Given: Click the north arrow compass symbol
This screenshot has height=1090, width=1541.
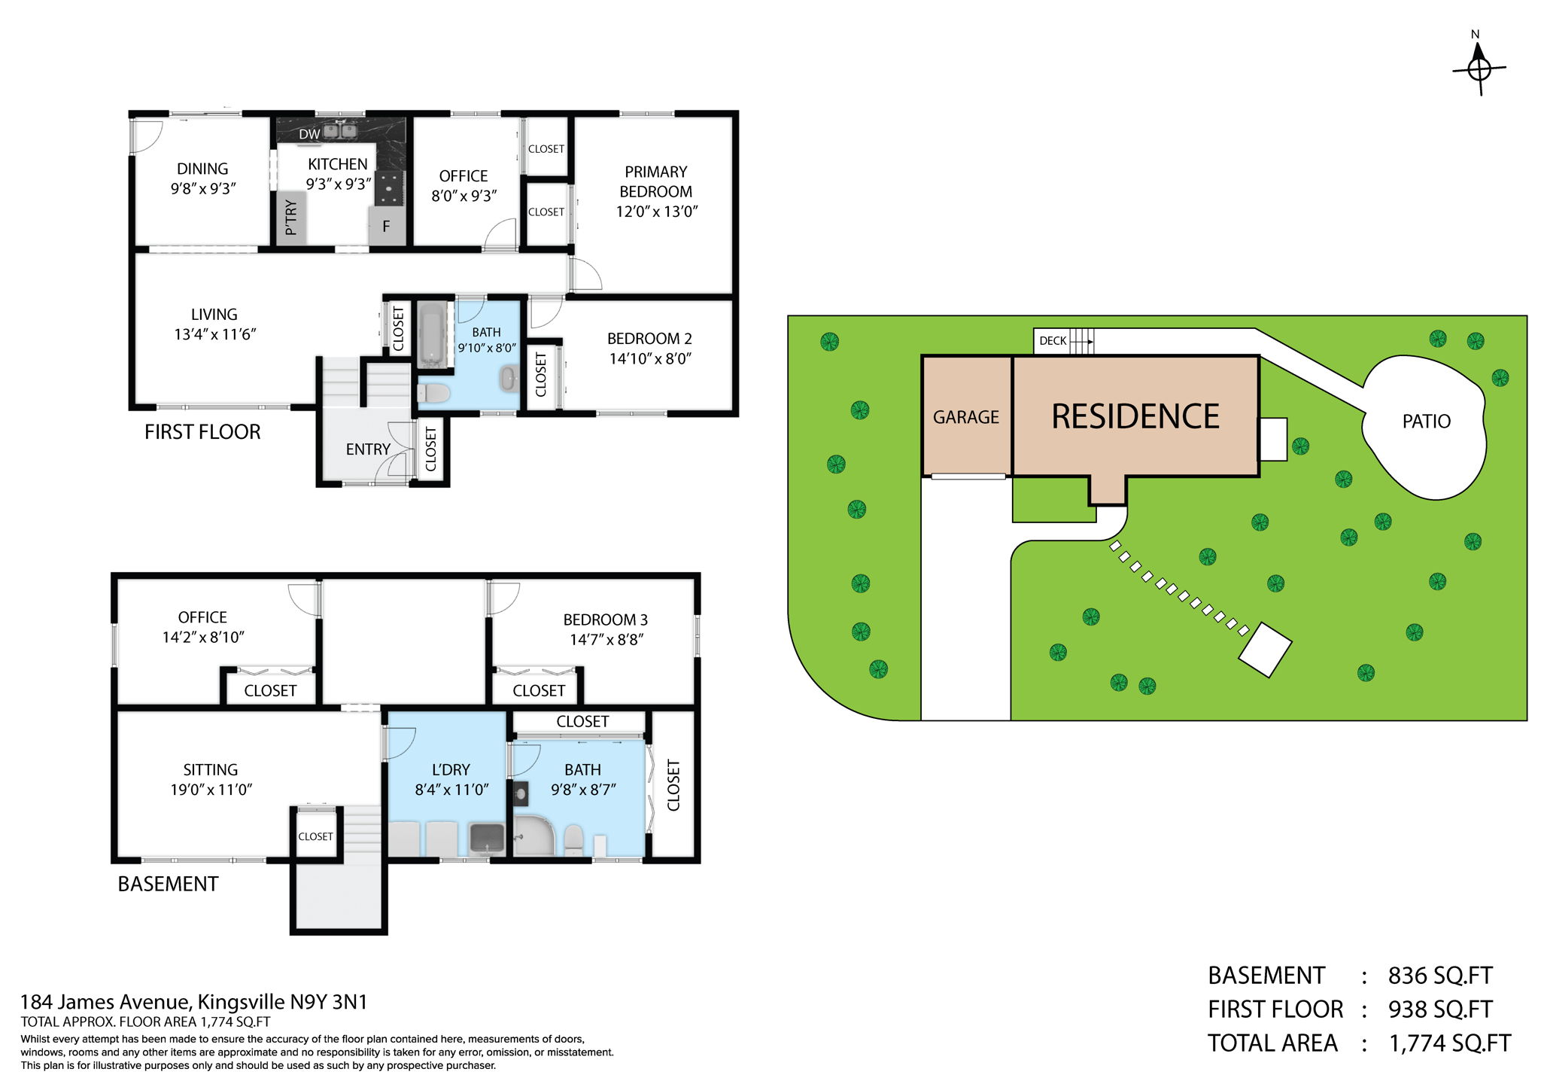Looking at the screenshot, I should pyautogui.click(x=1479, y=69).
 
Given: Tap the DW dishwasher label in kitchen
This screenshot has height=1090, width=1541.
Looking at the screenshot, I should pyautogui.click(x=309, y=134).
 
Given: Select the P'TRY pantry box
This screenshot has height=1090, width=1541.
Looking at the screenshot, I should pyautogui.click(x=291, y=217).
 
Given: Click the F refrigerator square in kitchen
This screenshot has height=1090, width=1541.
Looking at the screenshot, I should pyautogui.click(x=386, y=226).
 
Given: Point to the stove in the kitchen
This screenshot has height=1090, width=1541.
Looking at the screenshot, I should pyautogui.click(x=389, y=187).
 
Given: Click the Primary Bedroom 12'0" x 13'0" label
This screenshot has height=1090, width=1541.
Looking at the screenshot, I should pyautogui.click(x=656, y=192).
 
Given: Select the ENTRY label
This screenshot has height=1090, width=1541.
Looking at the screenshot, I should pyautogui.click(x=368, y=449).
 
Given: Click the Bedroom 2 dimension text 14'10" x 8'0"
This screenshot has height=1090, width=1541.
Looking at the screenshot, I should pyautogui.click(x=650, y=358).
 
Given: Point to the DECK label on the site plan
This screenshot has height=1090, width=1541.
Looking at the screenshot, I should pyautogui.click(x=1052, y=341).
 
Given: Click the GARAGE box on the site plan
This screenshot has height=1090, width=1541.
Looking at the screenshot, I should pyautogui.click(x=966, y=416).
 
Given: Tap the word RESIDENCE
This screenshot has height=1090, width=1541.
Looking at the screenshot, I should pyautogui.click(x=1135, y=416).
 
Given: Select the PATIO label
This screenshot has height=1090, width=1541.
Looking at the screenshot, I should pyautogui.click(x=1426, y=422).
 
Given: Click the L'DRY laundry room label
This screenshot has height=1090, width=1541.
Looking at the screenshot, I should pyautogui.click(x=451, y=769).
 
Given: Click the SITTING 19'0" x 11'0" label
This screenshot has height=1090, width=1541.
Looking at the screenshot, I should pyautogui.click(x=211, y=779).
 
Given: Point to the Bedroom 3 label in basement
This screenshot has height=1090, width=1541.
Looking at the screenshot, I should pyautogui.click(x=605, y=620).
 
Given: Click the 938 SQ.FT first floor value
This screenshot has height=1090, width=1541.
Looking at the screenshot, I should pyautogui.click(x=1439, y=1009).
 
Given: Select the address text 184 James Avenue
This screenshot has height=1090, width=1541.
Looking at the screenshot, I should pyautogui.click(x=105, y=1002).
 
